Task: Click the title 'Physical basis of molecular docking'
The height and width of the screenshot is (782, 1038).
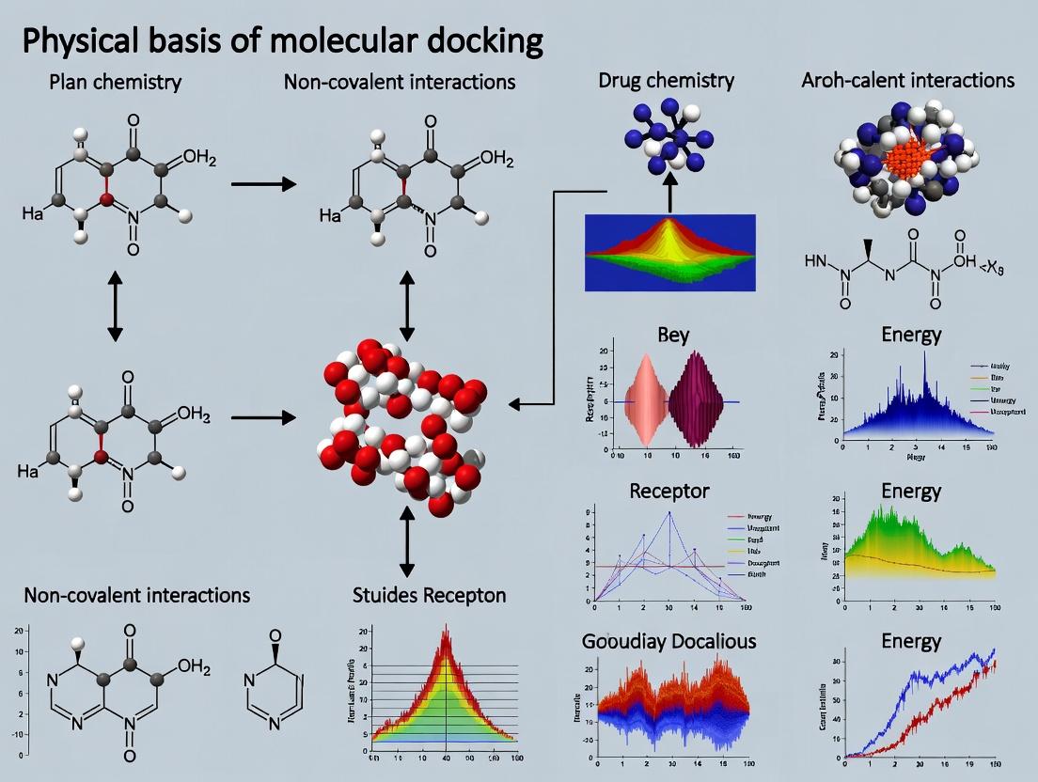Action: click(282, 42)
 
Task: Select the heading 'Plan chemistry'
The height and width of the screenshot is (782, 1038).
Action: click(116, 82)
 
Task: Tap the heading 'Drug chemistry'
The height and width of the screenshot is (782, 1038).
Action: click(666, 80)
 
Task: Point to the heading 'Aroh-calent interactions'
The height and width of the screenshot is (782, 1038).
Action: click(908, 80)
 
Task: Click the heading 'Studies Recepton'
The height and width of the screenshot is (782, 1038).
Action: click(429, 595)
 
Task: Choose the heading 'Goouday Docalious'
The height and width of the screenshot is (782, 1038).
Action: click(669, 641)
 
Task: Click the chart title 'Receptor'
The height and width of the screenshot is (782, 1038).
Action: click(668, 490)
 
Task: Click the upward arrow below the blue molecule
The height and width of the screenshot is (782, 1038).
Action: click(669, 195)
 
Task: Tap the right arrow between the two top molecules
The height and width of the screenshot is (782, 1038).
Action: click(263, 183)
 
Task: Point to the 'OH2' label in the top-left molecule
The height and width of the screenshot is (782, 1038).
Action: click(198, 158)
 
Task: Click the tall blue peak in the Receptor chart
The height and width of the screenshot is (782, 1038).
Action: click(668, 514)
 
